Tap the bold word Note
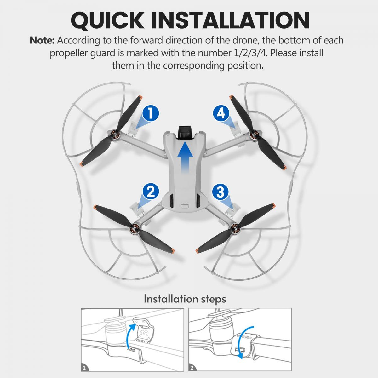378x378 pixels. click(42, 40)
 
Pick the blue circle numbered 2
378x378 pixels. click(151, 192)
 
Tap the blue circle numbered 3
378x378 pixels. click(220, 192)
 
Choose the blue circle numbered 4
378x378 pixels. click(221, 113)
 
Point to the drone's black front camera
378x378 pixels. click(185, 131)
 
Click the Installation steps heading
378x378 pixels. click(185, 299)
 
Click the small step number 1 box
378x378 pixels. click(84, 367)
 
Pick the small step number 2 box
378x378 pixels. click(192, 367)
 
